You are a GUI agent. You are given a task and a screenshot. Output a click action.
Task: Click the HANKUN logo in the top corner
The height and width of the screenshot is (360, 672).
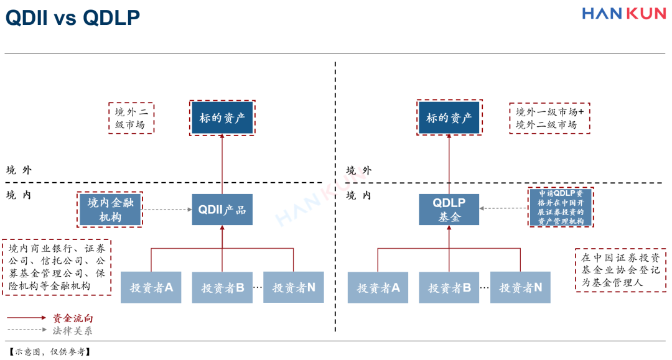coord(623,13)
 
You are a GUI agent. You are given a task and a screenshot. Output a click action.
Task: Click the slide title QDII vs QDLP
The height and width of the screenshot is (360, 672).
coord(72,18)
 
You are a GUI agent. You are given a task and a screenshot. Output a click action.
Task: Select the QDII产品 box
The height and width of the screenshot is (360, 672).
coord(222,210)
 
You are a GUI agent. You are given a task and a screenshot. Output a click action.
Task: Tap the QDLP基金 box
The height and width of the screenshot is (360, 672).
coord(449,210)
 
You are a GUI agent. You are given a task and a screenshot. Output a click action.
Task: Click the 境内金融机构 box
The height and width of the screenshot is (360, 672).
coord(110,210)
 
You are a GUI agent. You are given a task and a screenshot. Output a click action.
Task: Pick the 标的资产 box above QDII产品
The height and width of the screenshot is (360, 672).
coord(222,118)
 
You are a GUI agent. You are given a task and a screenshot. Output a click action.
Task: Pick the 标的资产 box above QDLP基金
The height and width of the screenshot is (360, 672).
coord(449,118)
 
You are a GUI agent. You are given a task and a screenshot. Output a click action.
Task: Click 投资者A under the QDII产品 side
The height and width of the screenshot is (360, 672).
coord(151,288)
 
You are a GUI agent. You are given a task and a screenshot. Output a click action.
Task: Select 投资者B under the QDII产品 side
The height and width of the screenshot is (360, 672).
coord(222,288)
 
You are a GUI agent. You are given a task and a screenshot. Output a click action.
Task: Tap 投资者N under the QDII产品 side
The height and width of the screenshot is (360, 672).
coord(294,288)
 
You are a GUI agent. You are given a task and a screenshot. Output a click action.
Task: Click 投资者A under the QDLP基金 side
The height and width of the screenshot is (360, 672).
coord(378,288)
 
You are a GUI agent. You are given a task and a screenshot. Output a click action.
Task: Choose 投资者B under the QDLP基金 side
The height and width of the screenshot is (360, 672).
coord(449,288)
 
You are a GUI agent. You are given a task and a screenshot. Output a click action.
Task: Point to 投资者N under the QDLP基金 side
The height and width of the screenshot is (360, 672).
coord(520,288)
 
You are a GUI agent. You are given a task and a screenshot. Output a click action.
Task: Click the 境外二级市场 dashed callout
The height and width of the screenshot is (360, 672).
coord(131,118)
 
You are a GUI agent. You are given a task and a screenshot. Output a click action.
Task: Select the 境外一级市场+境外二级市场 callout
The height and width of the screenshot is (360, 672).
coord(549,118)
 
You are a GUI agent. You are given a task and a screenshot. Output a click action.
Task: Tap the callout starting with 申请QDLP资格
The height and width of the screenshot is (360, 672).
coord(561,207)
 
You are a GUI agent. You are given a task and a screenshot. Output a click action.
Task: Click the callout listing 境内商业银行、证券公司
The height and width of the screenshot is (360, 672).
coord(56,267)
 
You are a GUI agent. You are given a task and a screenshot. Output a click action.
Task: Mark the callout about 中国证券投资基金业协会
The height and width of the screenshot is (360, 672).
coord(620,270)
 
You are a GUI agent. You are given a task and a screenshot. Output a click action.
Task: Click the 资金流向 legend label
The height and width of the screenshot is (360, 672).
coord(73,318)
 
